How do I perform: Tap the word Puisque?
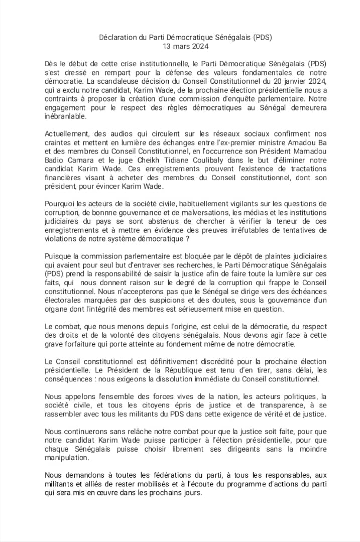tap(58, 256)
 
